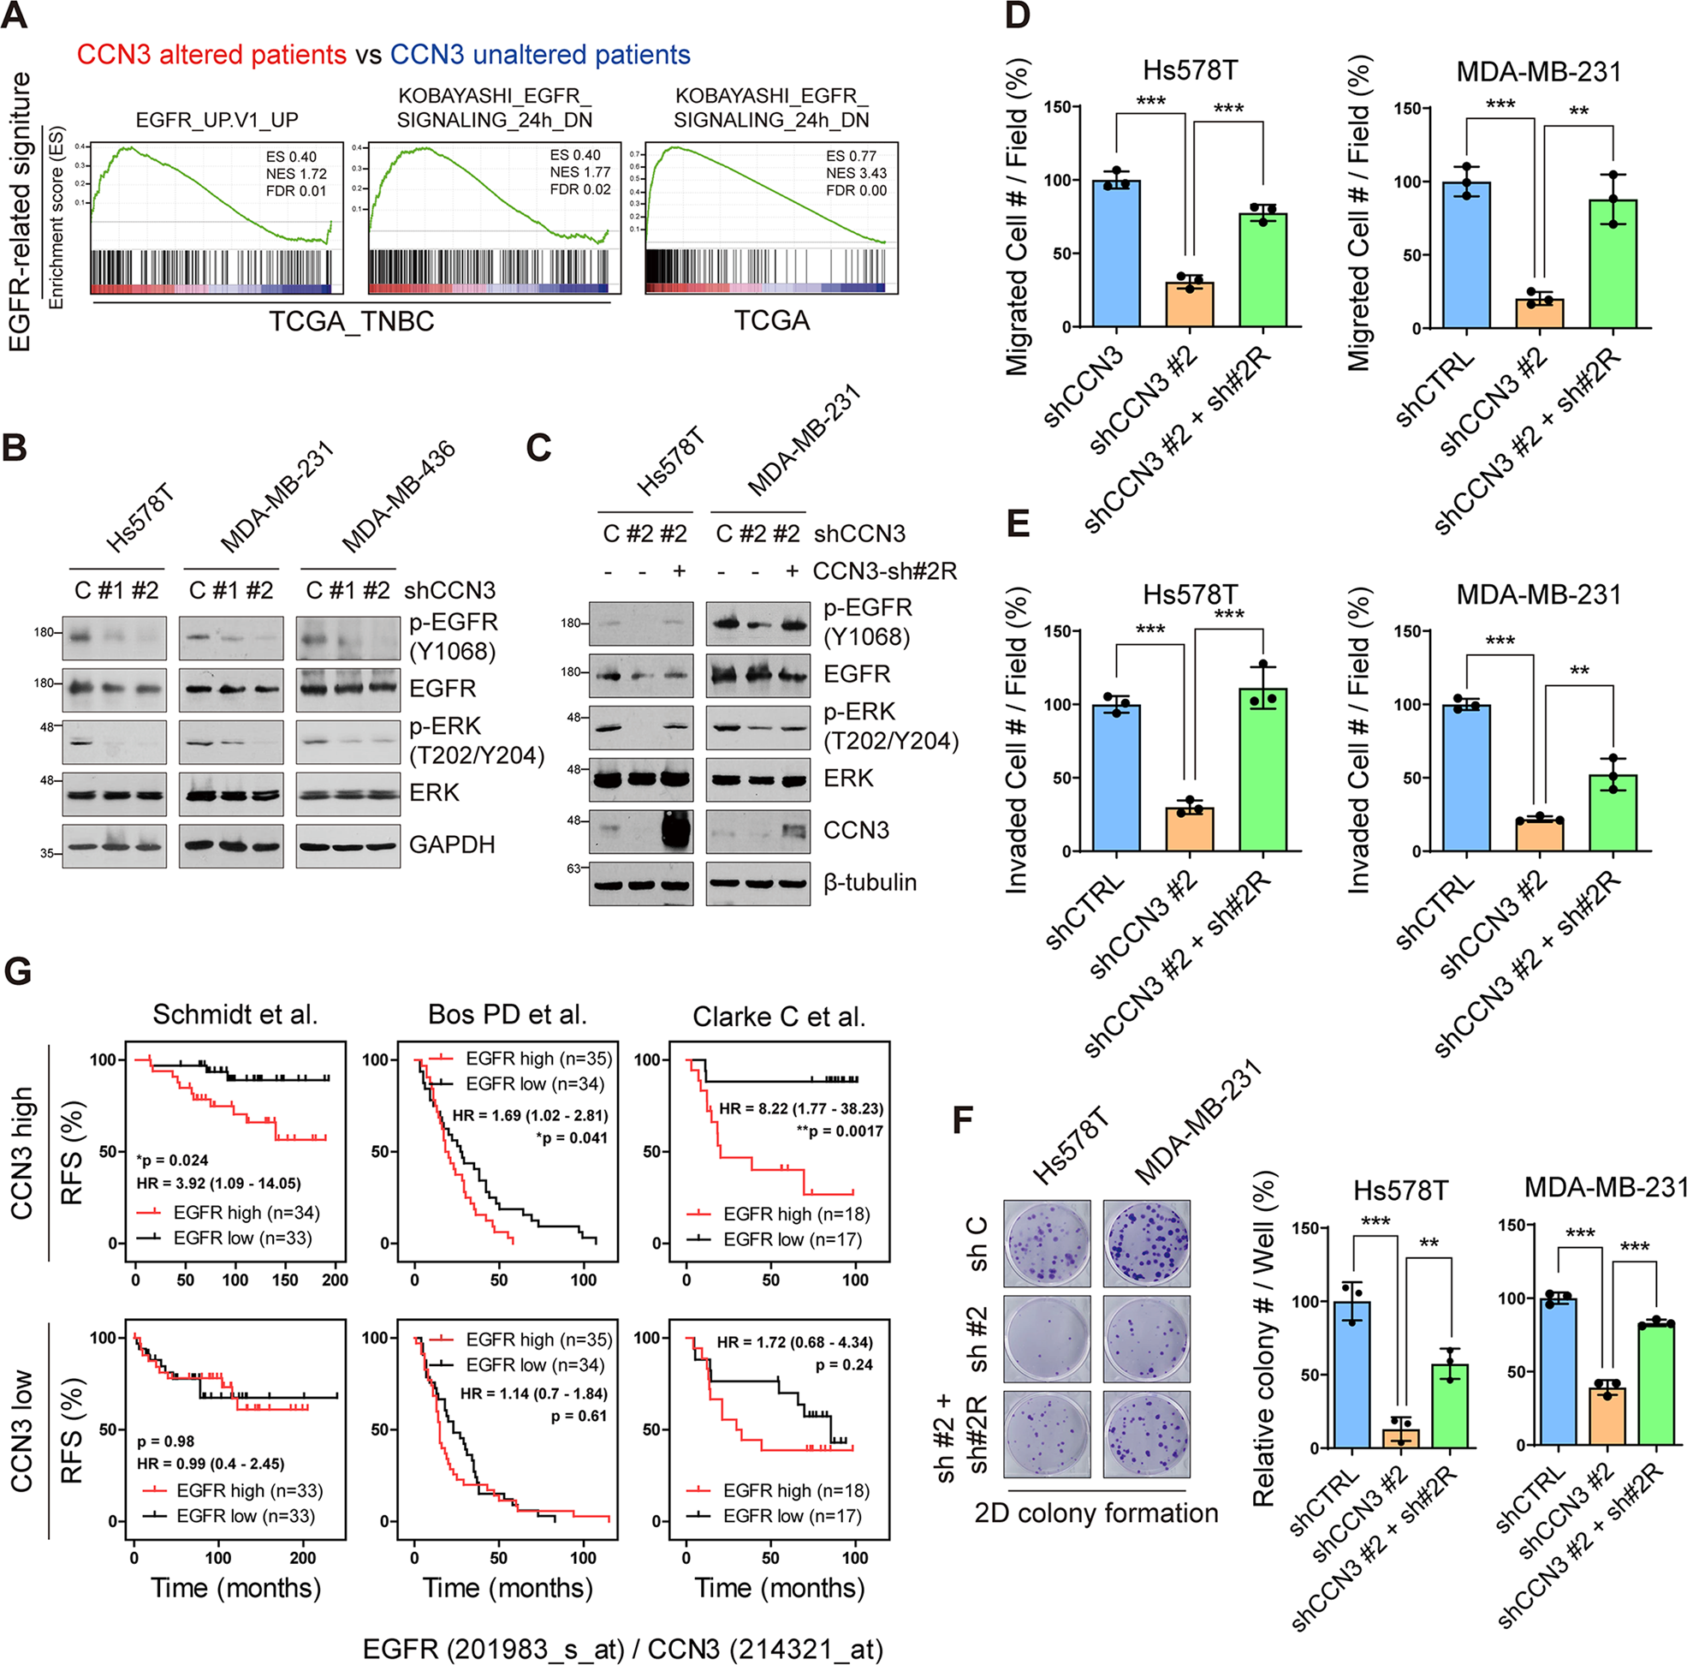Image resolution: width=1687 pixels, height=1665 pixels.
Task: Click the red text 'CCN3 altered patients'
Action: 211,55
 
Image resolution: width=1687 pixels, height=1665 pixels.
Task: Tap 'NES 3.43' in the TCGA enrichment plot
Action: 856,173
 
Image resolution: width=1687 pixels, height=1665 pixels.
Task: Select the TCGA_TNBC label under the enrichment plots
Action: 351,321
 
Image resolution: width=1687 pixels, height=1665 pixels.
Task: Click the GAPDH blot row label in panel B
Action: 451,844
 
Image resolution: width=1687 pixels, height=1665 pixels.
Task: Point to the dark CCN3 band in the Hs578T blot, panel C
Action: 677,830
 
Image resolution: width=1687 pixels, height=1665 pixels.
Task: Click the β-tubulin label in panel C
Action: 870,882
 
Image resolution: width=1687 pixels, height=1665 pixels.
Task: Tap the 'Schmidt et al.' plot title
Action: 235,1014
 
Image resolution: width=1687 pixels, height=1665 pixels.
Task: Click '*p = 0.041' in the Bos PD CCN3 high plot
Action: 572,1137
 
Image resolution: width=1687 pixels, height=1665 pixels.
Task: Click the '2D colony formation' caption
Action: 1096,1513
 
